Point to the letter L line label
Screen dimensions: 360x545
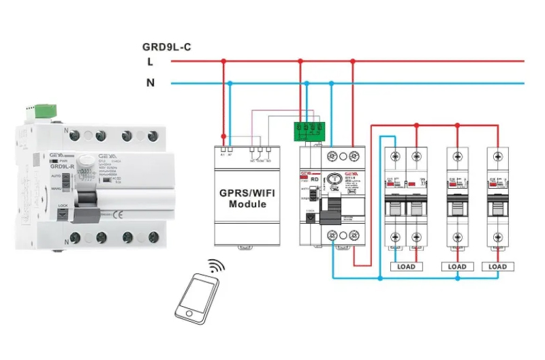coord(150,61)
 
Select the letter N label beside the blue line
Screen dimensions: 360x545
coord(150,83)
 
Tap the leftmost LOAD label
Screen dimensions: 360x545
coord(407,267)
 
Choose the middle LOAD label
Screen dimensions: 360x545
coord(457,267)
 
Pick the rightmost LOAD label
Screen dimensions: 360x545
coord(498,267)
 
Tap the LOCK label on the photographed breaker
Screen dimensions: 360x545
coord(63,205)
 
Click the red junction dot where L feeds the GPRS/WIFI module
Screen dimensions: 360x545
coord(223,61)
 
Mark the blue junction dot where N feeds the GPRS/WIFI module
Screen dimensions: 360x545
coord(231,83)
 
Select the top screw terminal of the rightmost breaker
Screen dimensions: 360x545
coord(498,155)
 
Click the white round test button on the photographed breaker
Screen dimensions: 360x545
coord(87,157)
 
